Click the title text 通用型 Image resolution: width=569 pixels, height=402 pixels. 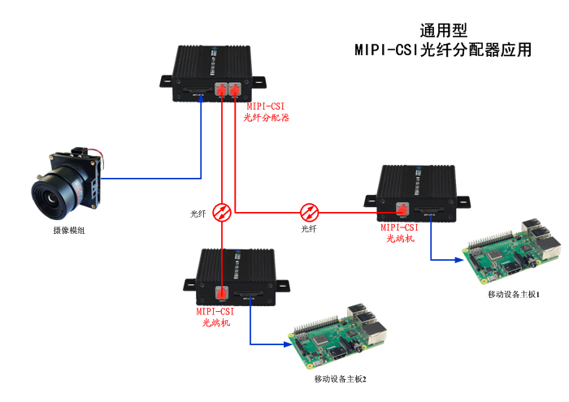pos(443,31)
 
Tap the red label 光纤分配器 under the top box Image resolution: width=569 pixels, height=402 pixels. pos(267,117)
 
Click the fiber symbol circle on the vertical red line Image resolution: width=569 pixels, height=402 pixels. pos(222,213)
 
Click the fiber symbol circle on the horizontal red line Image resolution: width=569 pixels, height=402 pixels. pos(310,213)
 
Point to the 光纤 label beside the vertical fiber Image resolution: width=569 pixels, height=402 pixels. pos(198,214)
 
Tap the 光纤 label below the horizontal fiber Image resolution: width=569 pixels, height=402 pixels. pos(309,229)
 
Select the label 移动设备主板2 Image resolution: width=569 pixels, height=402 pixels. pos(340,379)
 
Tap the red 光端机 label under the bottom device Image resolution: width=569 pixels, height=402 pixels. pos(215,322)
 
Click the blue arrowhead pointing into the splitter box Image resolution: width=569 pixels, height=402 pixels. pos(201,99)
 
